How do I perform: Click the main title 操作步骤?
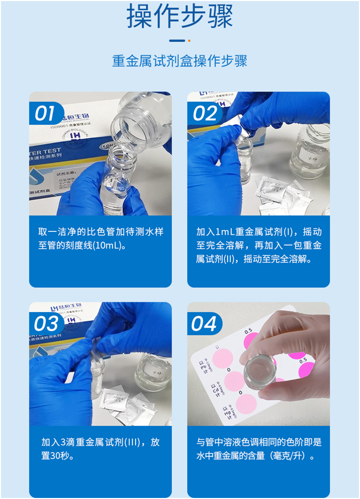[x=180, y=16]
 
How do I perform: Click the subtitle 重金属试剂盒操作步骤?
[x=180, y=61]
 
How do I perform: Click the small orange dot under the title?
[x=189, y=41]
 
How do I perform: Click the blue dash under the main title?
[x=177, y=41]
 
